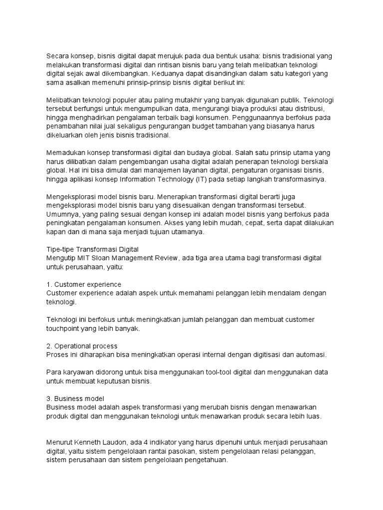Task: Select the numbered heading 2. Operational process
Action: click(x=82, y=346)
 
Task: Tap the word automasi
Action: click(x=310, y=355)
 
